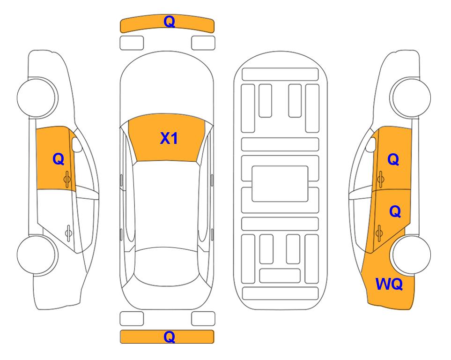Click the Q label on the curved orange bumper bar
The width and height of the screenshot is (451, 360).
pyautogui.click(x=169, y=22)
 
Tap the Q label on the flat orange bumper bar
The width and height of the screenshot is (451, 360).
pyautogui.click(x=169, y=337)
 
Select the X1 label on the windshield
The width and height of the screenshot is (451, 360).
pyautogui.click(x=169, y=138)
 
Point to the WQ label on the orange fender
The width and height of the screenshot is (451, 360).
pyautogui.click(x=389, y=284)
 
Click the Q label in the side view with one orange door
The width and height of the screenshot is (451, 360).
pyautogui.click(x=59, y=159)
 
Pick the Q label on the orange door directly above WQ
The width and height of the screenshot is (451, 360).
pyautogui.click(x=395, y=212)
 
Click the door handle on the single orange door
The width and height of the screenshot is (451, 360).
pyautogui.click(x=67, y=179)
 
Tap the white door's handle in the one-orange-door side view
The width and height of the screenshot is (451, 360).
pyautogui.click(x=68, y=232)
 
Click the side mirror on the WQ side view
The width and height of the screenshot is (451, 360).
pyautogui.click(x=371, y=144)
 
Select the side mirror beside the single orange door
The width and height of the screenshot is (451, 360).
pyautogui.click(x=77, y=144)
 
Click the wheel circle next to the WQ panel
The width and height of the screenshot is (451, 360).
pyautogui.click(x=411, y=255)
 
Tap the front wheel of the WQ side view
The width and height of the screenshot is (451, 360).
pyautogui.click(x=410, y=97)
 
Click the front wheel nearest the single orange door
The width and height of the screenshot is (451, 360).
pyautogui.click(x=37, y=97)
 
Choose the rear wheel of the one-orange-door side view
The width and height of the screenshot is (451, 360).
pyautogui.click(x=37, y=255)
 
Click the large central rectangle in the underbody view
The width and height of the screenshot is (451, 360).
pyautogui.click(x=280, y=184)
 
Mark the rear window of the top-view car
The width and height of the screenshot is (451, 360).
pyautogui.click(x=167, y=266)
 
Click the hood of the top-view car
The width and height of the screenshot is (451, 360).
pyautogui.click(x=167, y=86)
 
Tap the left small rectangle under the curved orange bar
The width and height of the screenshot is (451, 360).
pyautogui.click(x=132, y=43)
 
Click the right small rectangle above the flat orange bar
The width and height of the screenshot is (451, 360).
pyautogui.click(x=203, y=319)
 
